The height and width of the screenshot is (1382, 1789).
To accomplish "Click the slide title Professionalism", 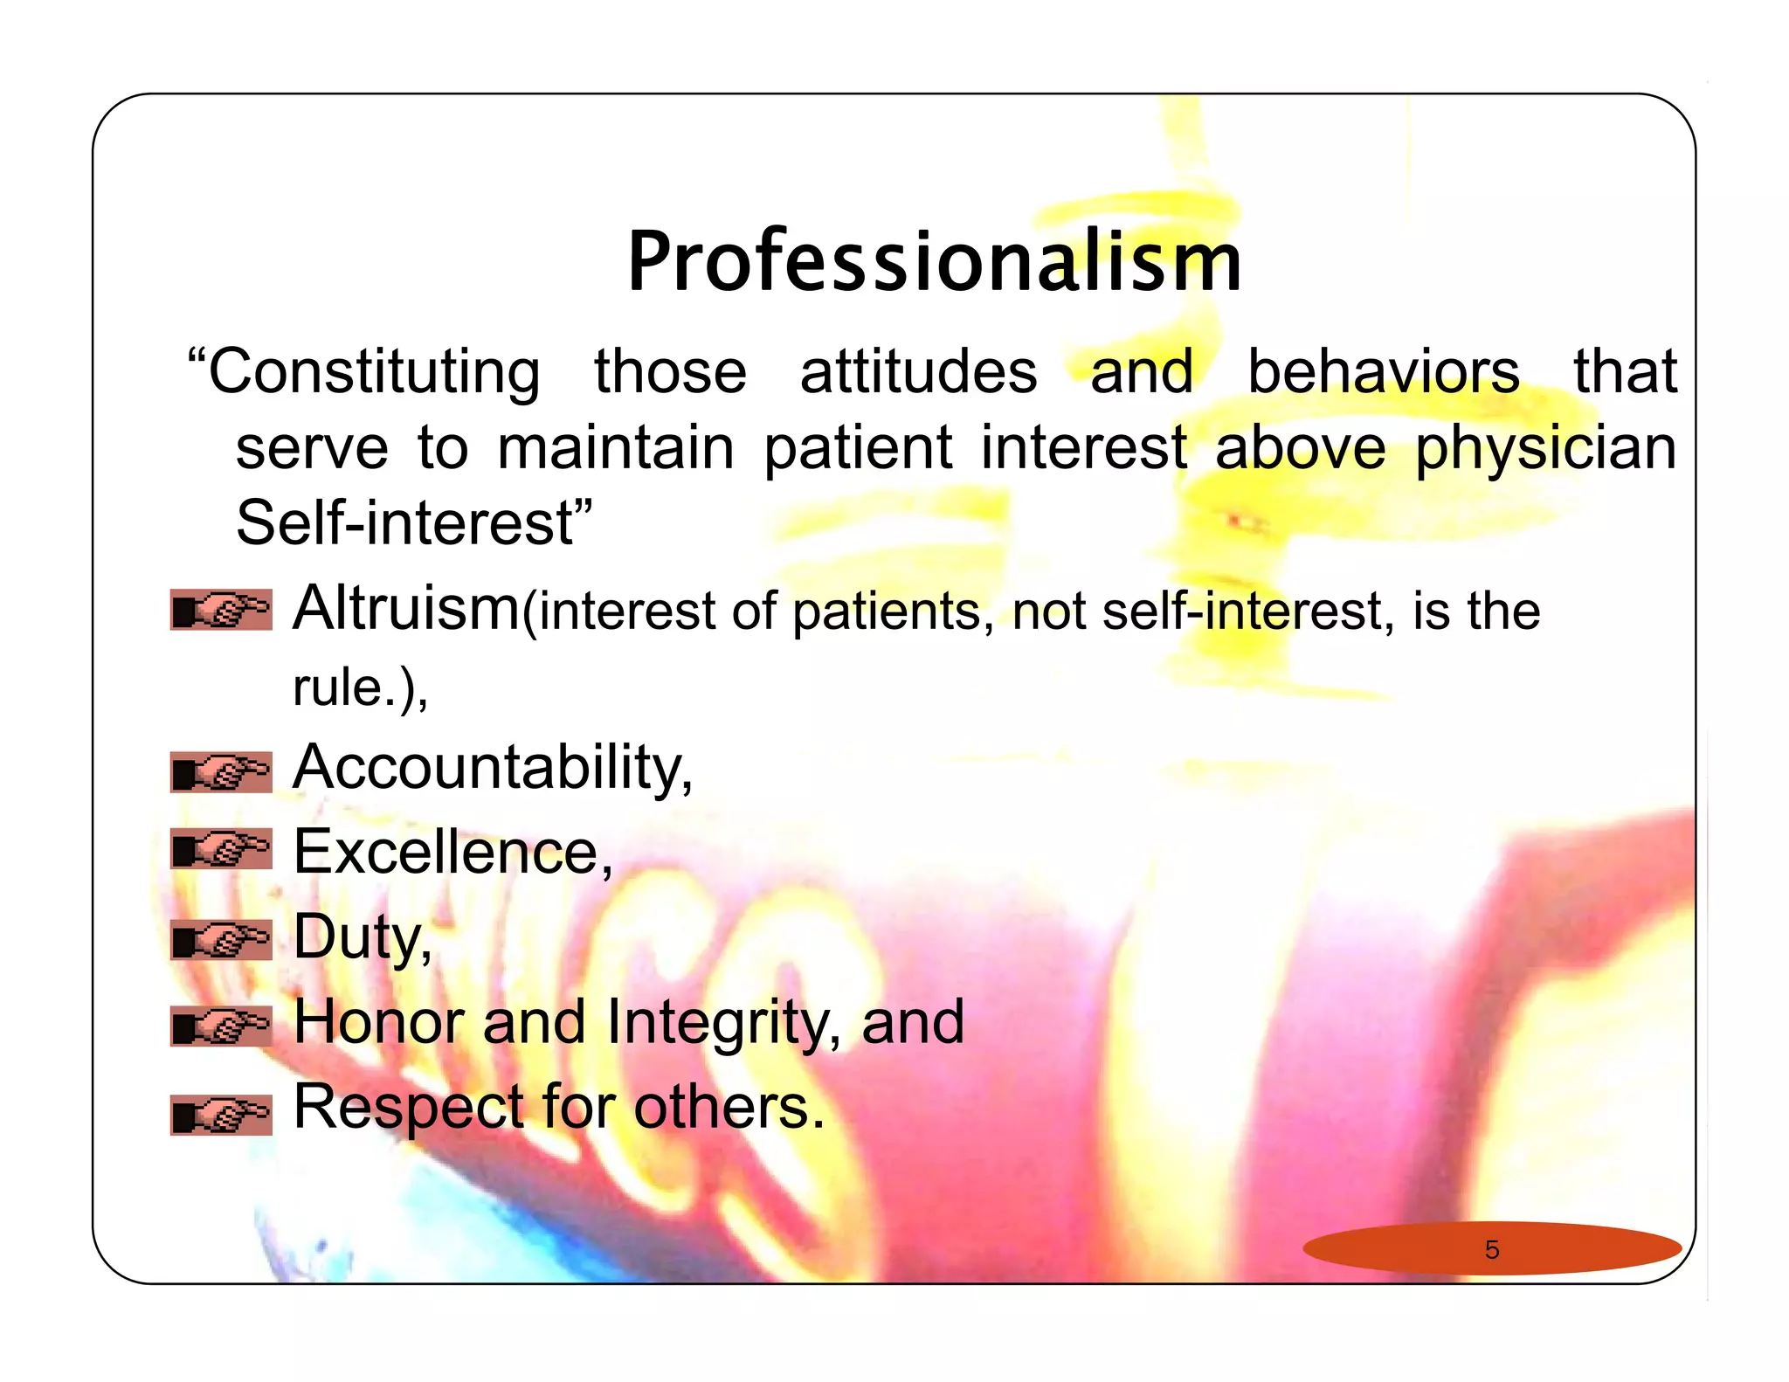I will click(x=934, y=261).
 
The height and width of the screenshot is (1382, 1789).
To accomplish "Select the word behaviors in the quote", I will click(x=1383, y=371).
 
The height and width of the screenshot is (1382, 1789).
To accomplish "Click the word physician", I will click(x=1544, y=448).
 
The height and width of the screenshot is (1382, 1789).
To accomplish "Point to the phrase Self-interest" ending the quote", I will click(x=414, y=523).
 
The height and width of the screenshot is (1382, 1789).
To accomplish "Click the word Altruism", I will click(x=405, y=608).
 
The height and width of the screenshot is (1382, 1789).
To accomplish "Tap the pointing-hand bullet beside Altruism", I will click(x=221, y=610).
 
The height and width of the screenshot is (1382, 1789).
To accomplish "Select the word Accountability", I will click(x=492, y=768).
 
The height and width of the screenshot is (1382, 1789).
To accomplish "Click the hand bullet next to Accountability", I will click(x=221, y=772).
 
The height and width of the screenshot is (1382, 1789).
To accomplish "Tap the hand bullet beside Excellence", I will click(x=221, y=848).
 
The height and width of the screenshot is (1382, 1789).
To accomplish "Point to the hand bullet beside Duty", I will click(x=221, y=940).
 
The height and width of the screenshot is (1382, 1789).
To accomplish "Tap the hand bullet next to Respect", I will click(x=221, y=1115).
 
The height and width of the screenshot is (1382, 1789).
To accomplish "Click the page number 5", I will click(x=1491, y=1249).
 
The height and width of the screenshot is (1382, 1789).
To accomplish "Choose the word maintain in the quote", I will click(x=615, y=448).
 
